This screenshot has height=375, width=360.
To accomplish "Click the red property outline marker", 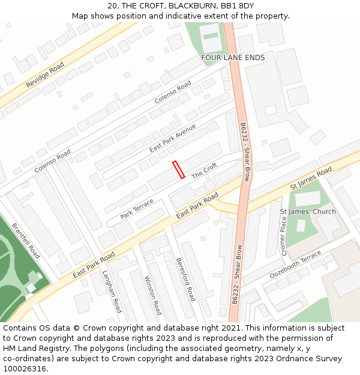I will (x=178, y=170).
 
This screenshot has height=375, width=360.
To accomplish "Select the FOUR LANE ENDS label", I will (x=233, y=58).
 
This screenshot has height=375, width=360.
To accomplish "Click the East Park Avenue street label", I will (x=173, y=139).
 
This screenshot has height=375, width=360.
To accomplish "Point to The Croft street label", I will (x=204, y=172).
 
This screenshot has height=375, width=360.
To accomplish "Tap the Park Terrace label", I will (x=137, y=208).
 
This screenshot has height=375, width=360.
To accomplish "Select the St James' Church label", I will (x=308, y=212).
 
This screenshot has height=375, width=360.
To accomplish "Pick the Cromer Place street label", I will (x=284, y=236).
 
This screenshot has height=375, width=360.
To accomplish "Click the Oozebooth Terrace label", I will (x=296, y=265).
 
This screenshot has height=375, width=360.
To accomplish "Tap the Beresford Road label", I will (x=186, y=279).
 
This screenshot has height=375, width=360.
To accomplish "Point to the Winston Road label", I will (x=153, y=295).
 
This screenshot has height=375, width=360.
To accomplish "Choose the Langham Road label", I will (x=112, y=292).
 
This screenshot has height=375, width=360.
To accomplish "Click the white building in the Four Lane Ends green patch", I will (x=211, y=37).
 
